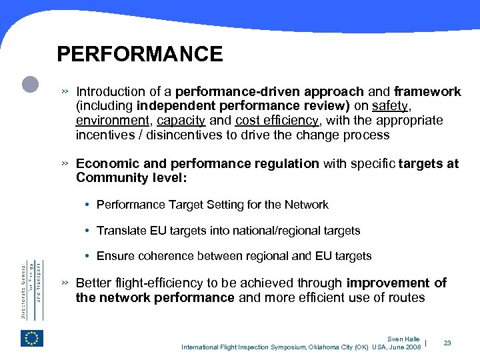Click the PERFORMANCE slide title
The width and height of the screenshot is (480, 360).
(x=140, y=54)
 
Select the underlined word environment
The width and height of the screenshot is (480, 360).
(x=113, y=121)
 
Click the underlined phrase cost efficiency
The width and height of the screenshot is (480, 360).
(x=278, y=121)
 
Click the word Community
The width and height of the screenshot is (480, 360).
(x=109, y=178)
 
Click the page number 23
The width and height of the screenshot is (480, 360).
(x=447, y=343)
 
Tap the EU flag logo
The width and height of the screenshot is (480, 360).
(x=32, y=338)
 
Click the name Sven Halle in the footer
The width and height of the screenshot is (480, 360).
(x=404, y=339)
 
